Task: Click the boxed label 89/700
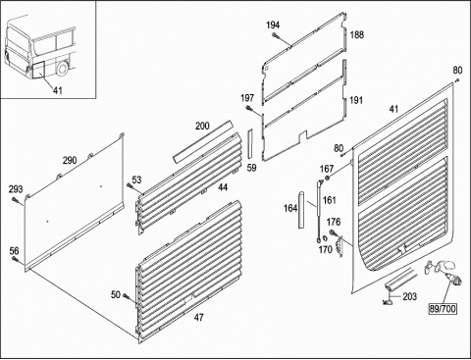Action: click(x=443, y=308)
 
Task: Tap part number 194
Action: click(x=273, y=26)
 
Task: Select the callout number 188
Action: click(x=357, y=34)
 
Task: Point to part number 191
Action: click(x=356, y=100)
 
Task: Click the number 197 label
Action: click(x=247, y=98)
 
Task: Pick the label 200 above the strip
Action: click(x=202, y=126)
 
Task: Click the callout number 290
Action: click(x=70, y=160)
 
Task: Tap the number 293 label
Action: click(x=16, y=189)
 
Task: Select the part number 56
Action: click(x=14, y=251)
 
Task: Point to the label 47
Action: click(x=198, y=317)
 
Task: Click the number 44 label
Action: click(x=223, y=187)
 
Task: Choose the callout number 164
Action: click(x=290, y=208)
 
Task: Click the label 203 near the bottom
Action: click(x=409, y=296)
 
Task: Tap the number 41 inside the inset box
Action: click(x=58, y=90)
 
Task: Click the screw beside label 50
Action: click(x=127, y=296)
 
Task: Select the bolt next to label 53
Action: click(x=130, y=186)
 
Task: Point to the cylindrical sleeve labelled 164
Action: click(x=301, y=210)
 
